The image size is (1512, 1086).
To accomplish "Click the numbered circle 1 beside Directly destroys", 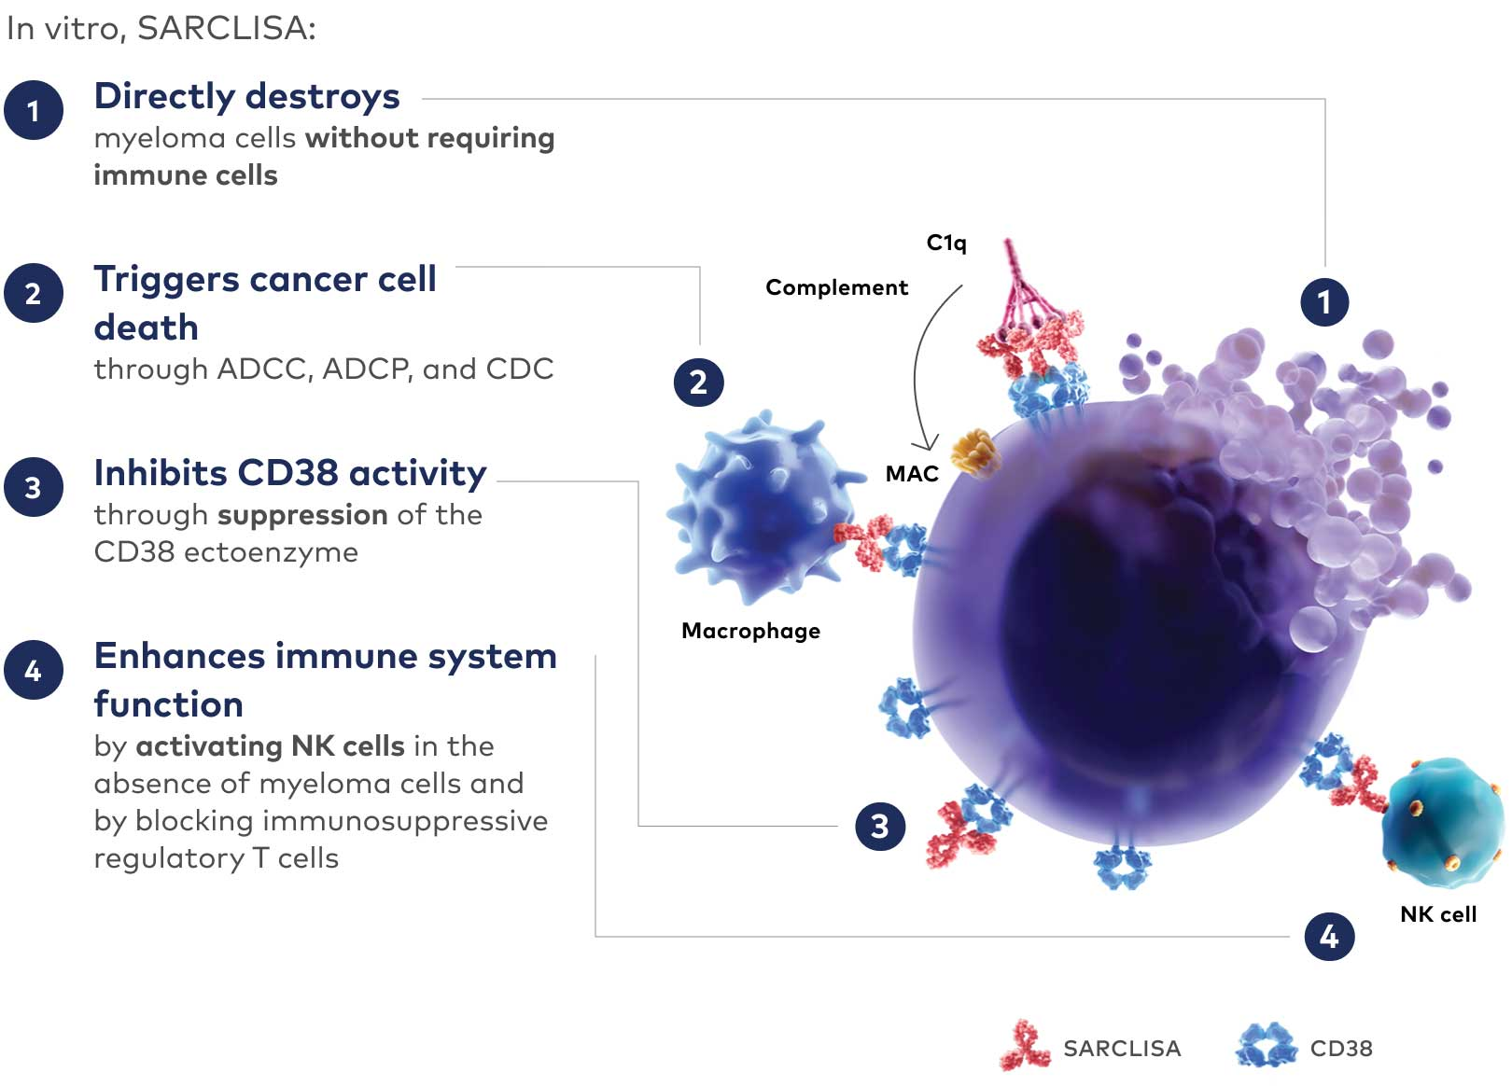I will point(34,110).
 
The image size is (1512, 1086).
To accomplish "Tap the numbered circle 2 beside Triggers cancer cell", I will point(34,293).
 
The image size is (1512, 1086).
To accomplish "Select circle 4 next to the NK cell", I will point(1328,936).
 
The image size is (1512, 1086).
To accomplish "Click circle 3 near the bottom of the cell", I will point(879,826).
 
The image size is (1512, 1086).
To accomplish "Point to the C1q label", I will point(945,243).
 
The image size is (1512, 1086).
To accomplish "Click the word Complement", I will point(836,287).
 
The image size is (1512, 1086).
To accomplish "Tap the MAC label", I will point(911,474).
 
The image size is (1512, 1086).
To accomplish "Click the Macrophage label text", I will point(750,631).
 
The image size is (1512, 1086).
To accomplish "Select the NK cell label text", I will point(1437,914).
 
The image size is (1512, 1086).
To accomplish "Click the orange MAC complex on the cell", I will point(974,452).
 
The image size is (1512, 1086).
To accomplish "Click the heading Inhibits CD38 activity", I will point(289,473).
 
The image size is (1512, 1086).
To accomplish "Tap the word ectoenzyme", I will point(271,552).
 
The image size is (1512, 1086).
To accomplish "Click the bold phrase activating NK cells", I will point(270,746).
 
